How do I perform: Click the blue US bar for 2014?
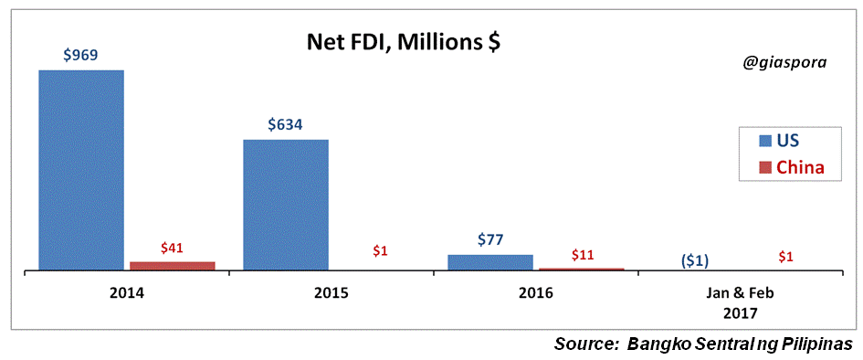pos(81,170)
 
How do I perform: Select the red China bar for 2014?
pos(173,266)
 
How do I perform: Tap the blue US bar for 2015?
pos(286,205)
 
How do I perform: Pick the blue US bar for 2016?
pos(490,262)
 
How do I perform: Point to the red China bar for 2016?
pos(582,269)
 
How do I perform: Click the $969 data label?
pos(80,55)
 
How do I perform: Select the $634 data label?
pos(285,125)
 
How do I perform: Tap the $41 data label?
pos(173,247)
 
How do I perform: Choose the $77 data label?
pos(490,239)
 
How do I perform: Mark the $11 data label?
pos(583,254)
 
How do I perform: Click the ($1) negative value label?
pos(695,260)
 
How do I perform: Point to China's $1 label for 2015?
pos(379,249)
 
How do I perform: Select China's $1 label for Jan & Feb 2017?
pos(785,257)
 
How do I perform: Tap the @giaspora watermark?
pos(785,64)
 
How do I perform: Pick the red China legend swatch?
pos(763,167)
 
